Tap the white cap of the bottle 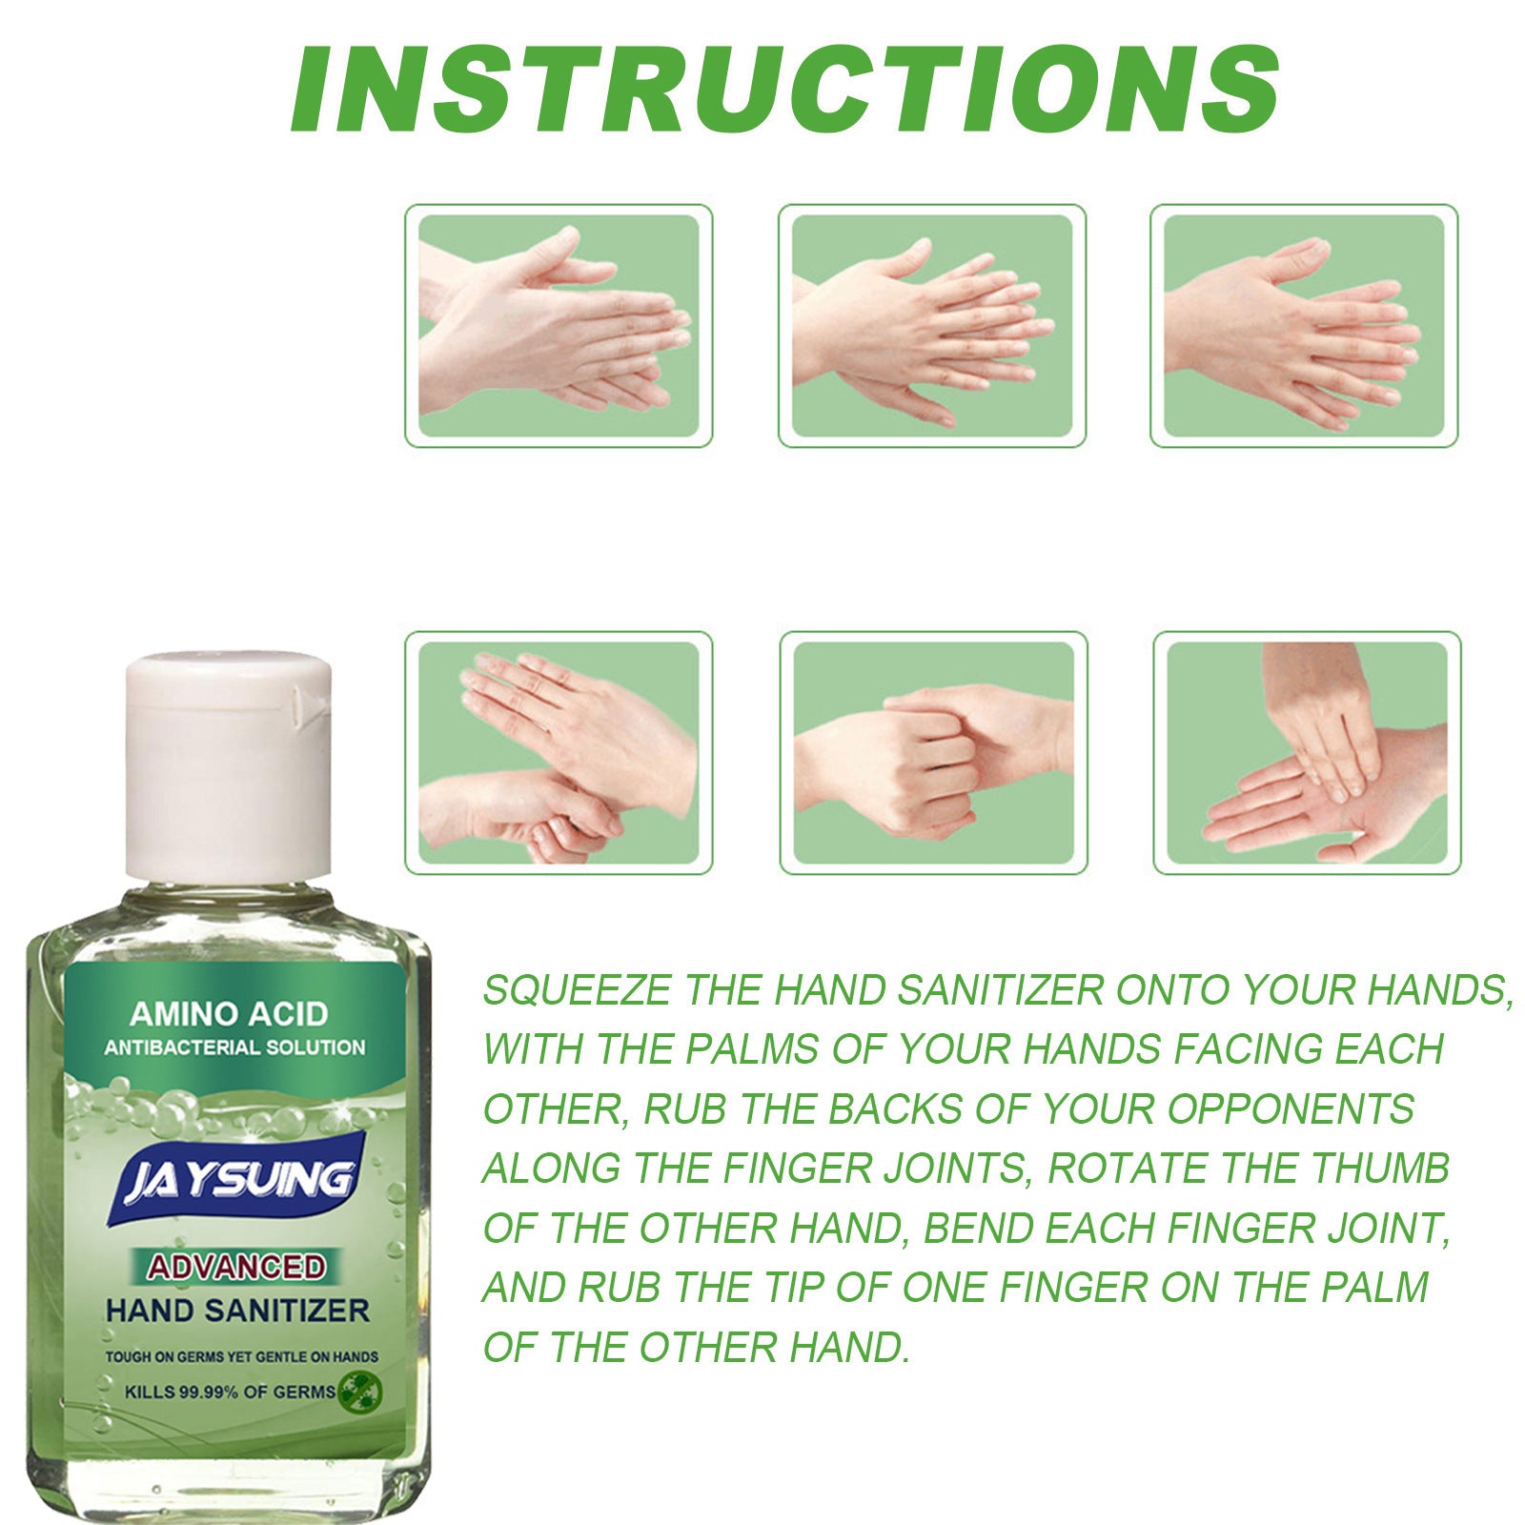tap(229, 762)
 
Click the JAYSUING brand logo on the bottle tap(238, 1181)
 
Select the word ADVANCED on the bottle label tap(235, 1267)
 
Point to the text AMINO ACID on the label tap(229, 1013)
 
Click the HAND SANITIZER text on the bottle tap(237, 1311)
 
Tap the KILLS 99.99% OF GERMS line tap(230, 1392)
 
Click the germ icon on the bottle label tap(360, 1391)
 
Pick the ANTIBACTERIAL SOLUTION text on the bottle tap(234, 1047)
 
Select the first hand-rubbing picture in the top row tap(559, 326)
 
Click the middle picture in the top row tap(932, 326)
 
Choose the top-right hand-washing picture tap(1304, 326)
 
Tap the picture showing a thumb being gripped tap(559, 753)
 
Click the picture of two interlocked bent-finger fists tap(933, 753)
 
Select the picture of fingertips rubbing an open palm tap(1307, 753)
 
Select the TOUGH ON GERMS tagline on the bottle tap(241, 1356)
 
